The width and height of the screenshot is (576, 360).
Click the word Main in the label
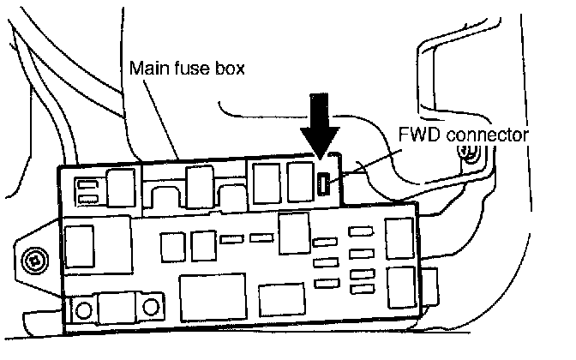[x=145, y=68]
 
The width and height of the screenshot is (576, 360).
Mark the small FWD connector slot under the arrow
[x=324, y=182]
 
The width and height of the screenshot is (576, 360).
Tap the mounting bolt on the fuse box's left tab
[x=33, y=255]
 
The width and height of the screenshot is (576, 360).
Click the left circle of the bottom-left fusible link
[x=84, y=308]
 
